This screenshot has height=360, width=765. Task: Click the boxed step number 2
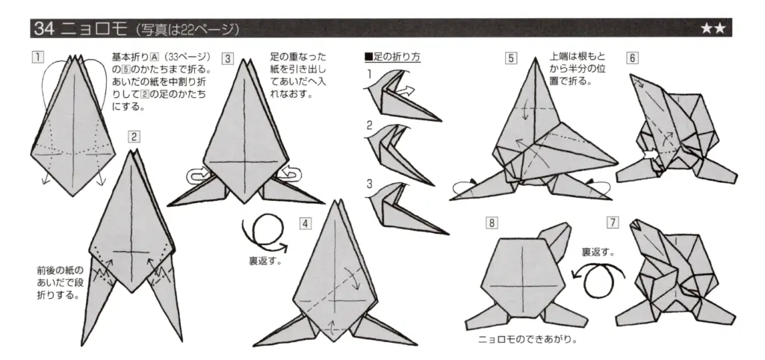point(134,136)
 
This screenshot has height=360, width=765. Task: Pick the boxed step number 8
point(491,223)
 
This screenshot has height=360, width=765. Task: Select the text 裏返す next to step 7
point(598,252)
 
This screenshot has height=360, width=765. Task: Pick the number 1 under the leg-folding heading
point(369,74)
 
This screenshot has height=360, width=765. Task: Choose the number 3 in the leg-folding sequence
point(369,183)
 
